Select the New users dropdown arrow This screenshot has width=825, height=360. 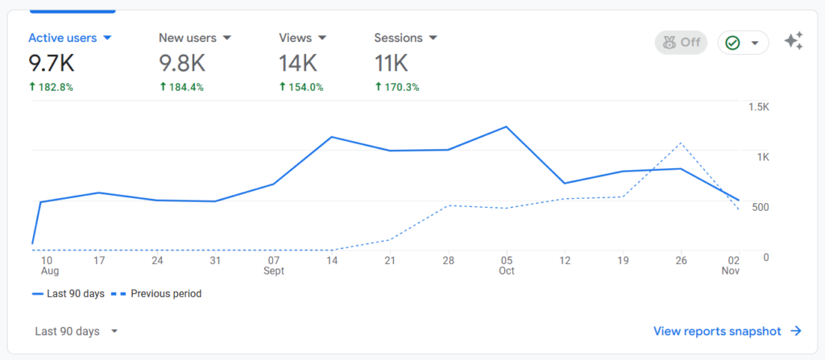point(227,38)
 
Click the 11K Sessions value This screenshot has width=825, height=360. point(392,62)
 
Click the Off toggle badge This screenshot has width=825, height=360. point(682,42)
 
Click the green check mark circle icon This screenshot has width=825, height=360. point(732,43)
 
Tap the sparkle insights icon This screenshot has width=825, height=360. point(794,42)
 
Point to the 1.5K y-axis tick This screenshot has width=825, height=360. point(758,107)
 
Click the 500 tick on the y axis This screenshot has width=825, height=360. point(760,207)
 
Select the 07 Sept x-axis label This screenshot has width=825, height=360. point(274,266)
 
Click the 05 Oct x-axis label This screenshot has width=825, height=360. point(506,266)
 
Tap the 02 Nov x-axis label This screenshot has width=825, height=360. point(731,266)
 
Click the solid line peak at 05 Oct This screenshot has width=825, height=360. point(506,127)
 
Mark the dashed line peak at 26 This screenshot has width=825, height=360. point(682,143)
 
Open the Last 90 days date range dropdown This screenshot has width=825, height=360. point(77,331)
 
